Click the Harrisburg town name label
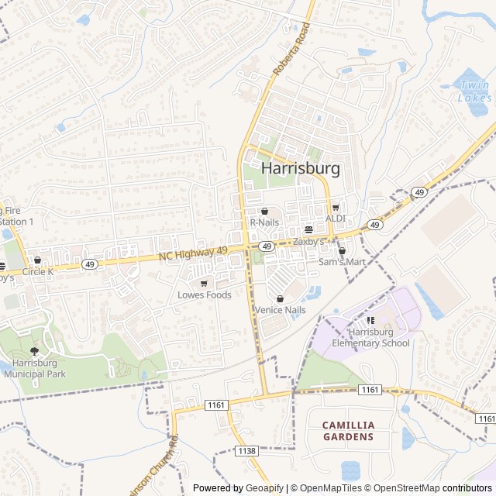(x=301, y=168)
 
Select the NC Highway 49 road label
(x=193, y=253)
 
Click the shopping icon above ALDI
(x=336, y=208)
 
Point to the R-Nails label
(x=263, y=222)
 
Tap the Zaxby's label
(x=308, y=241)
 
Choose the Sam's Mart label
(x=341, y=262)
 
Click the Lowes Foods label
(x=204, y=295)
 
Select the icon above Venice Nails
(x=280, y=298)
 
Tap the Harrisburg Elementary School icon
(x=370, y=320)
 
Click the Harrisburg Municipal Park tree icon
(x=33, y=351)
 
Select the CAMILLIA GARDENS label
(x=348, y=431)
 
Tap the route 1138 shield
(x=247, y=450)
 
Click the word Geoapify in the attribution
(x=266, y=488)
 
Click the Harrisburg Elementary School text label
(x=370, y=338)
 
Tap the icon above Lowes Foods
(x=204, y=284)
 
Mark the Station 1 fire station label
(x=17, y=221)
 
